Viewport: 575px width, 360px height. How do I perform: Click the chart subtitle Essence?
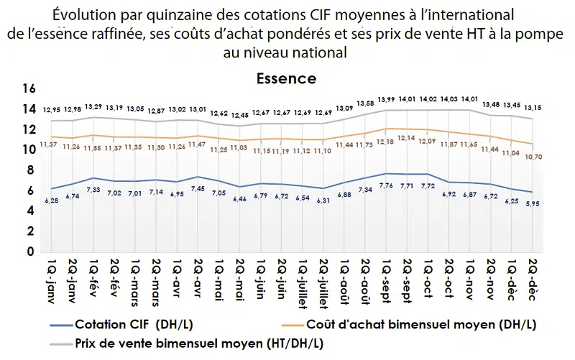click(x=286, y=78)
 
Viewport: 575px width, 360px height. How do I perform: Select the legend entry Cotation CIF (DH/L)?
click(x=129, y=324)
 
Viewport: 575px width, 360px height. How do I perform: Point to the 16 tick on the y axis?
click(x=29, y=89)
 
